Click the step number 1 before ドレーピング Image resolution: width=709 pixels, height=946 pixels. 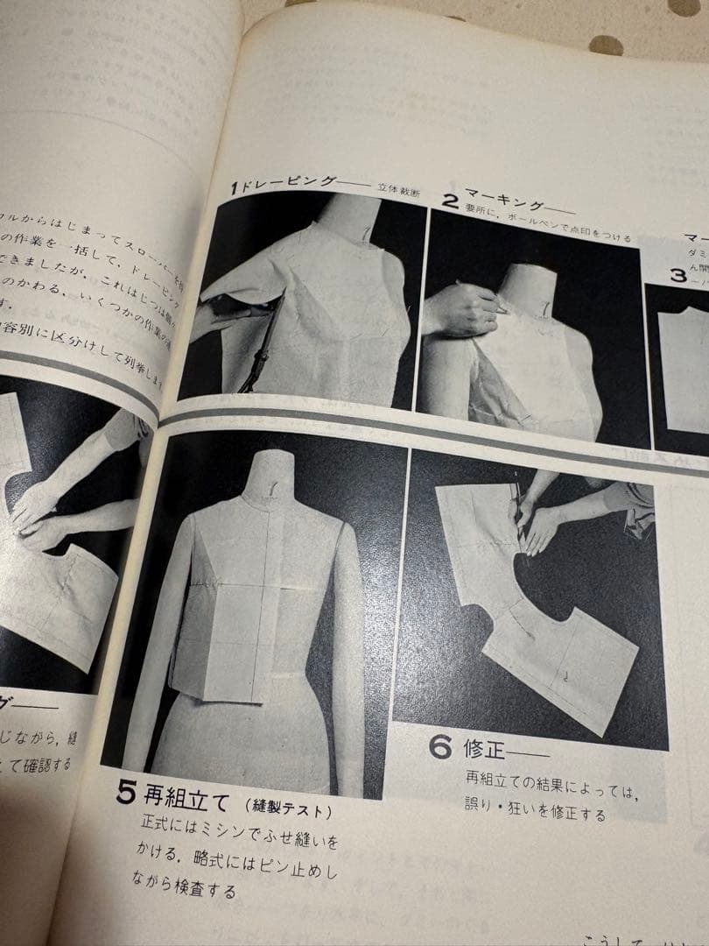click(x=235, y=188)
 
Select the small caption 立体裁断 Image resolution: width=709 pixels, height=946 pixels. click(x=398, y=186)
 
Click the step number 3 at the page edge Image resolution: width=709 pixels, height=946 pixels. click(x=677, y=274)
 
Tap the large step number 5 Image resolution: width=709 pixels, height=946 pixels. click(x=127, y=794)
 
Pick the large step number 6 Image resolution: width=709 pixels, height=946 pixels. click(x=439, y=749)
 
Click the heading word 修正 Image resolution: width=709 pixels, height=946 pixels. click(x=486, y=750)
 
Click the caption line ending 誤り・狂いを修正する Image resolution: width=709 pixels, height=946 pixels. click(x=535, y=815)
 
